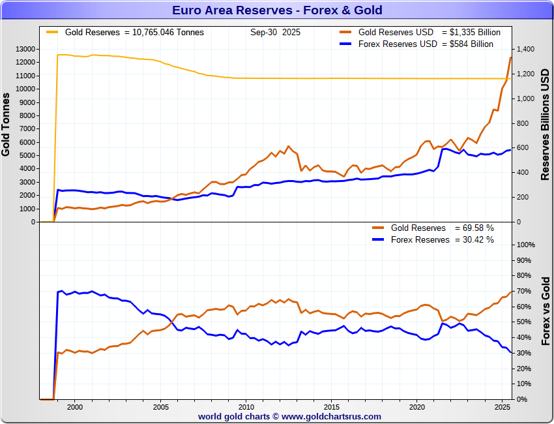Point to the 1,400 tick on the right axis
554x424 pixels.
pyautogui.click(x=525, y=49)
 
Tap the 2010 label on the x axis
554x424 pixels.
pyautogui.click(x=246, y=406)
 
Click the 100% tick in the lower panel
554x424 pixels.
pyautogui.click(x=526, y=245)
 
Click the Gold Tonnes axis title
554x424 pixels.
pyautogui.click(x=7, y=125)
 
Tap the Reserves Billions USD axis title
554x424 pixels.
pyautogui.click(x=546, y=124)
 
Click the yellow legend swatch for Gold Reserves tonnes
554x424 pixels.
pyautogui.click(x=51, y=31)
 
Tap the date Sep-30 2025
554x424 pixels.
pyautogui.click(x=275, y=32)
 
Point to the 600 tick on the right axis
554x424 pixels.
pyautogui.click(x=523, y=148)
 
